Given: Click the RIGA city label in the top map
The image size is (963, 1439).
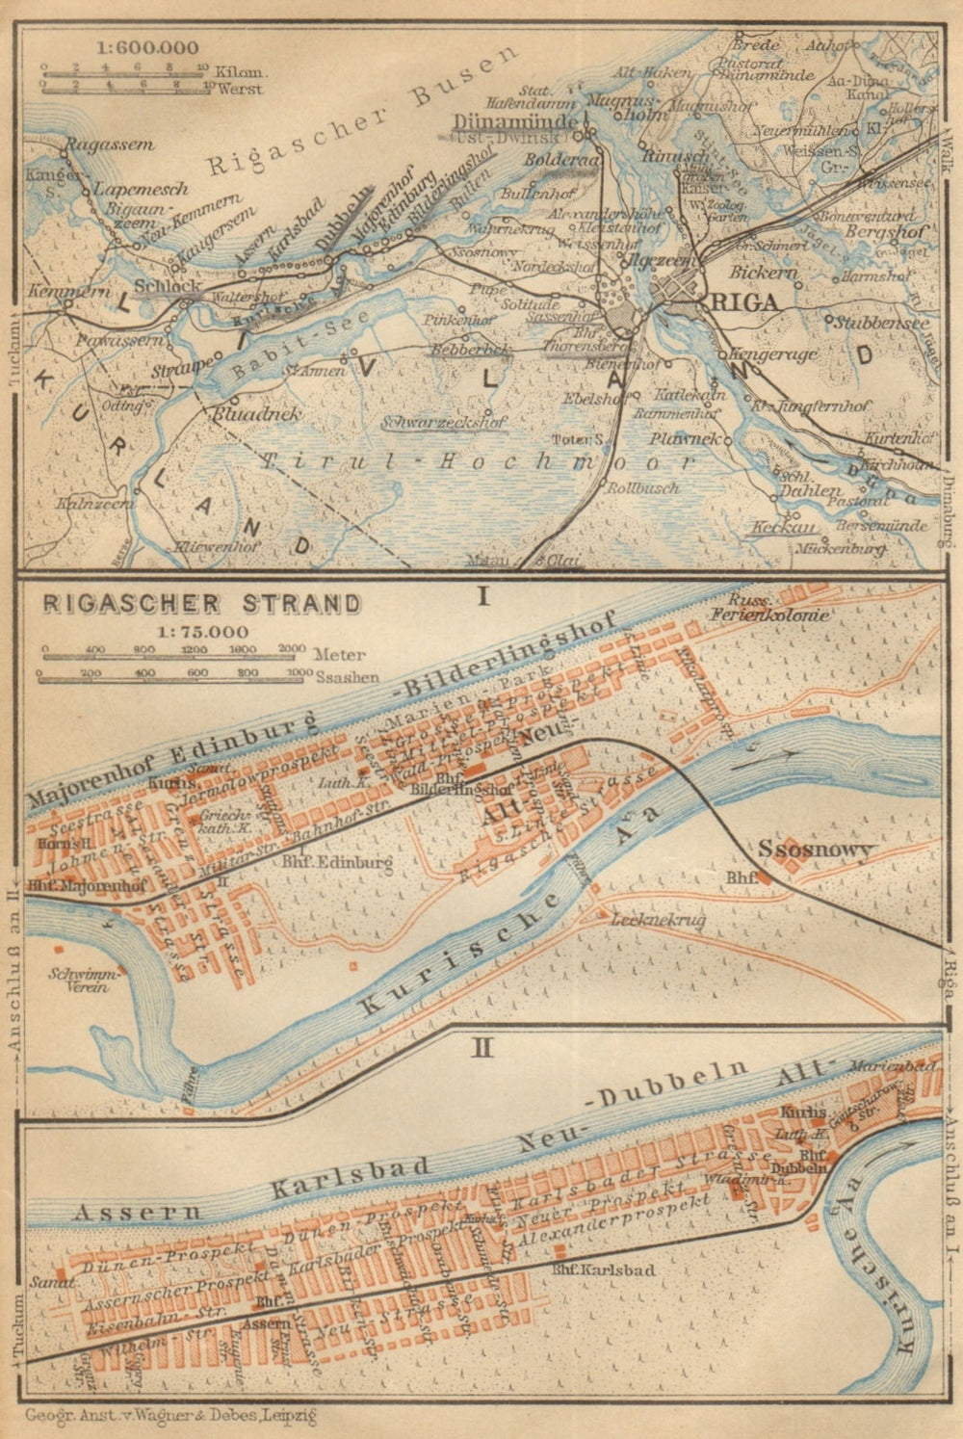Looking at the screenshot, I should [744, 301].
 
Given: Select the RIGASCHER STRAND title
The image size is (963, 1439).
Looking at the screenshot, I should [200, 605].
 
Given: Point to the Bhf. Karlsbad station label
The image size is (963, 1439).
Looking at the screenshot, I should [605, 1270].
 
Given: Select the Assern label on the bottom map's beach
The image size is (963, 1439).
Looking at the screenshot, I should [138, 1211].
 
